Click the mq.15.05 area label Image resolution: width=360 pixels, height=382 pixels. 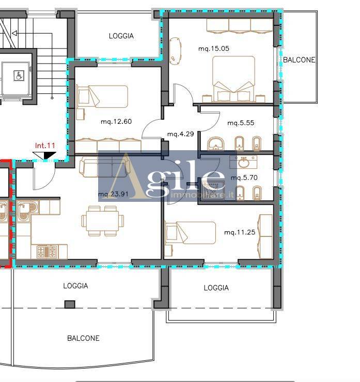point(214,49)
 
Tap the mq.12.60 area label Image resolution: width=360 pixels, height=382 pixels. point(116,121)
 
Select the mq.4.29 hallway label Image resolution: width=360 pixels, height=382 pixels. point(181,134)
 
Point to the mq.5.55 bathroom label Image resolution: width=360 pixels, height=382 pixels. point(241,123)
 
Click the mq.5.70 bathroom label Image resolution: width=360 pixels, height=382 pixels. point(244,178)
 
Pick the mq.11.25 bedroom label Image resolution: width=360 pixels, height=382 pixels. point(240,232)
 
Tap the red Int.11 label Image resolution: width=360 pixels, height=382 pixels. point(45,146)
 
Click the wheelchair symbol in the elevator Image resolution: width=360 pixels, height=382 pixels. point(19,76)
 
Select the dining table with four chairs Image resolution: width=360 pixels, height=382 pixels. point(103,221)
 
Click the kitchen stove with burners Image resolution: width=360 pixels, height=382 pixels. point(46,252)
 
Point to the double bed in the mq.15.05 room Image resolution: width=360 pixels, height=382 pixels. point(234,78)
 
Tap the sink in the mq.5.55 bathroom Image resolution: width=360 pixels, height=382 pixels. point(216,144)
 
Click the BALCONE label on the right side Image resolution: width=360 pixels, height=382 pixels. point(299,60)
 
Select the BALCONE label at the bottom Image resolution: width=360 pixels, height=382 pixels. point(83,338)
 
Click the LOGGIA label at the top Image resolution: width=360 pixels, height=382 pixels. point(121,36)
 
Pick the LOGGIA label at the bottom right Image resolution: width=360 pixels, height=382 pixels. point(216,288)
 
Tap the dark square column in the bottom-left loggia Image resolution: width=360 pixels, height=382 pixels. point(70,304)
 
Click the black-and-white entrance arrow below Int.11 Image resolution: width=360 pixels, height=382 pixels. point(44,155)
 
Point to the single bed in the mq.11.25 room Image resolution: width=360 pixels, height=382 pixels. point(191,233)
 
